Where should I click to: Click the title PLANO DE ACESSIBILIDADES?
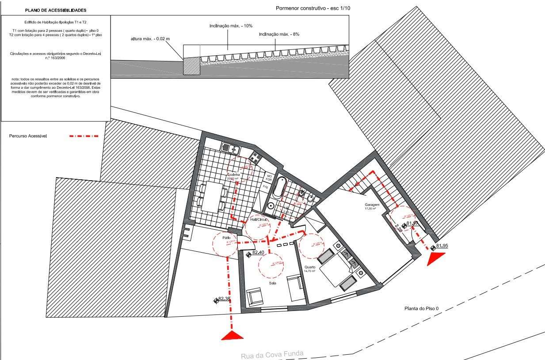[x=56, y=10]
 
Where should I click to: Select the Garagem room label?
[x=372, y=205]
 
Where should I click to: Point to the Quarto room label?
[x=310, y=267]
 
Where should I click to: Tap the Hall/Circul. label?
[x=259, y=220]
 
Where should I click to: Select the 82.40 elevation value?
[x=259, y=253]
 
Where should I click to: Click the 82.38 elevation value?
[x=225, y=299]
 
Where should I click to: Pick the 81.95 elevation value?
[x=442, y=246]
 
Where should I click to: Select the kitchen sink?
[x=230, y=148]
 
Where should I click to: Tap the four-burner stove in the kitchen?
[x=256, y=156]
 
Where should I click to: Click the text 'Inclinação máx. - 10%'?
[x=228, y=26]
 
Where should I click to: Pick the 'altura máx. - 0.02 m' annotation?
[x=150, y=39]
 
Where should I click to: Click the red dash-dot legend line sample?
[x=84, y=136]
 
